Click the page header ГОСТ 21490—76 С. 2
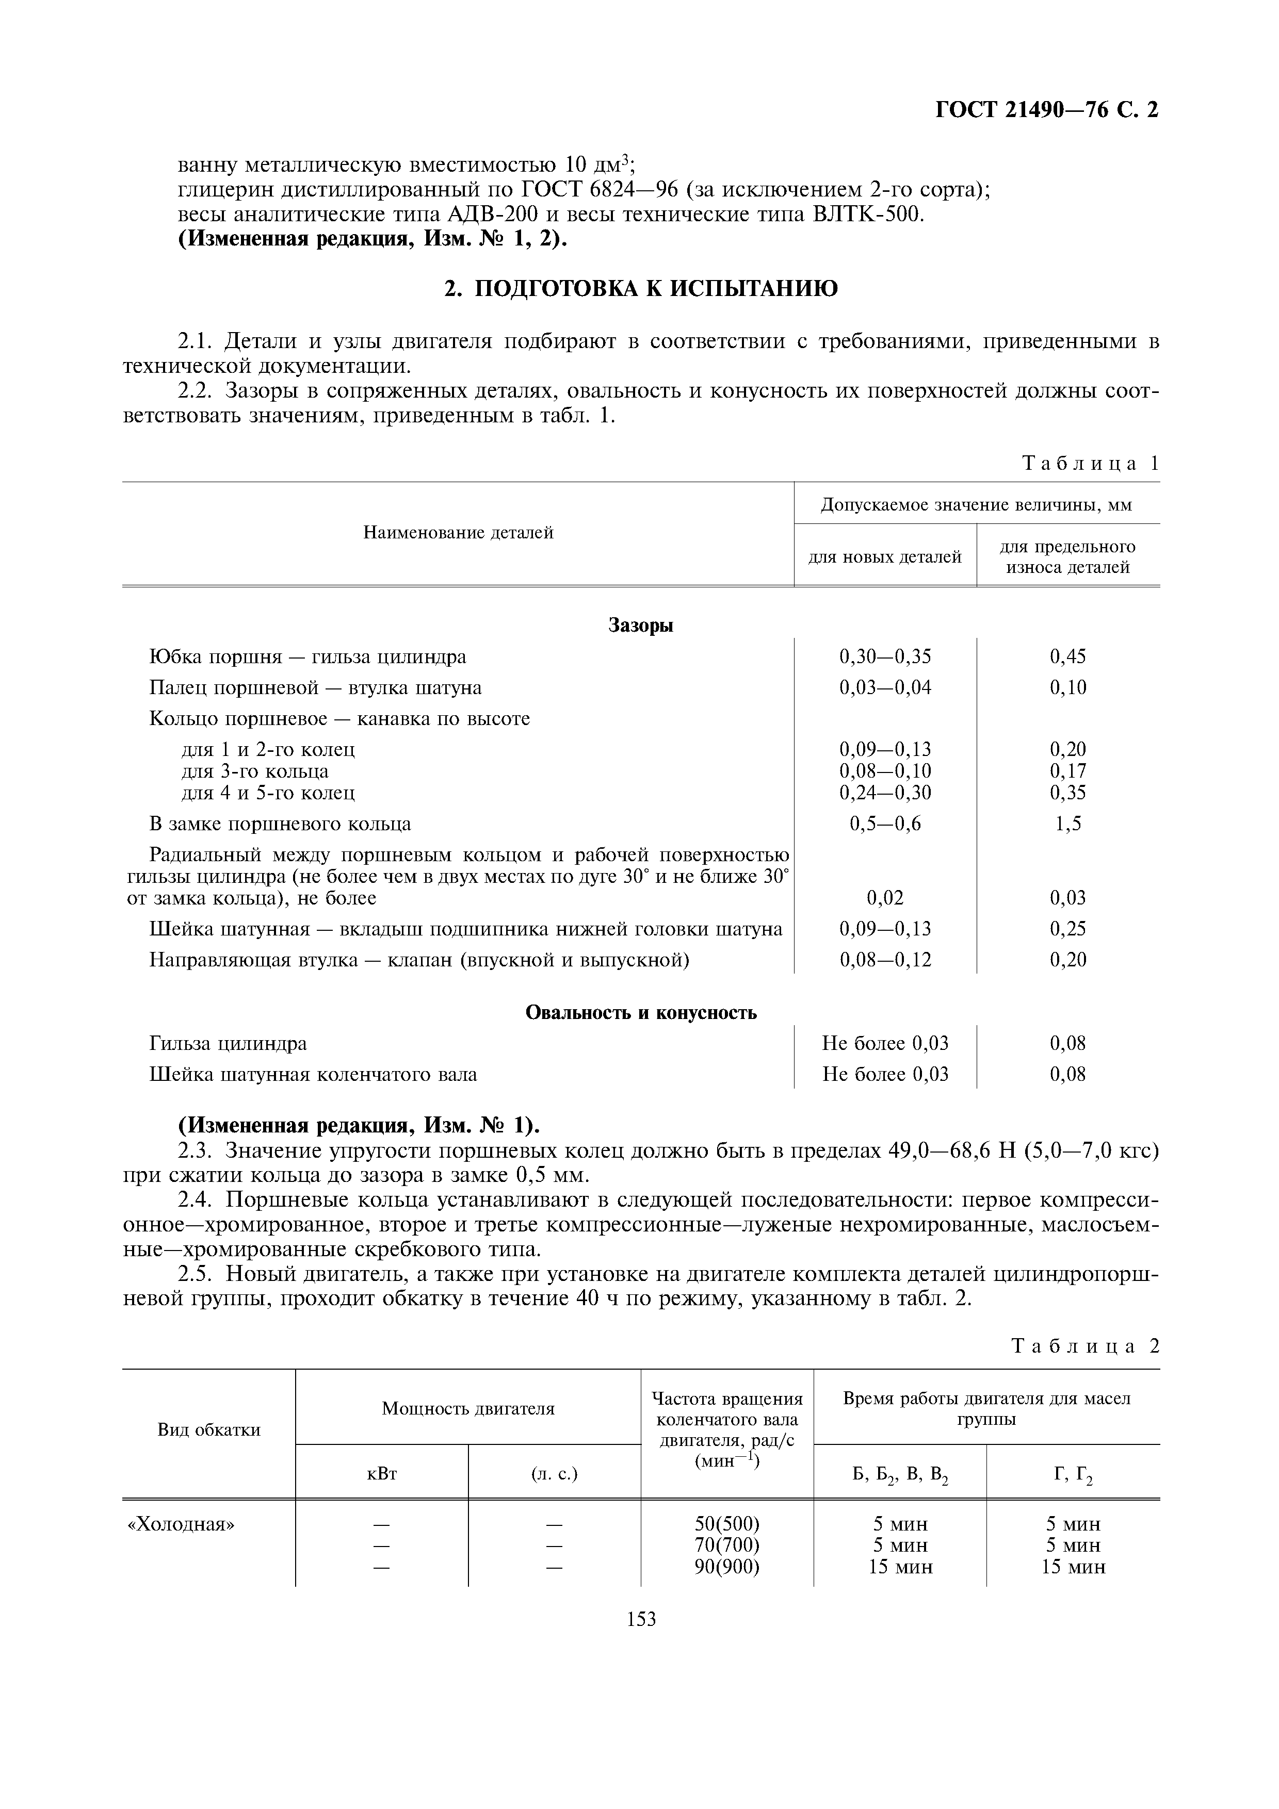1046,110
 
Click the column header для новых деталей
885,557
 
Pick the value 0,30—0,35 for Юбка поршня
885,656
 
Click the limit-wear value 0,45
1068,656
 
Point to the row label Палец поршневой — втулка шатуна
315,688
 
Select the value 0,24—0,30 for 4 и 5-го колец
885,792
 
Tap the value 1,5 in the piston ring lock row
1068,824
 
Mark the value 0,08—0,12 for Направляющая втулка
885,960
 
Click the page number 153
641,1619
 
